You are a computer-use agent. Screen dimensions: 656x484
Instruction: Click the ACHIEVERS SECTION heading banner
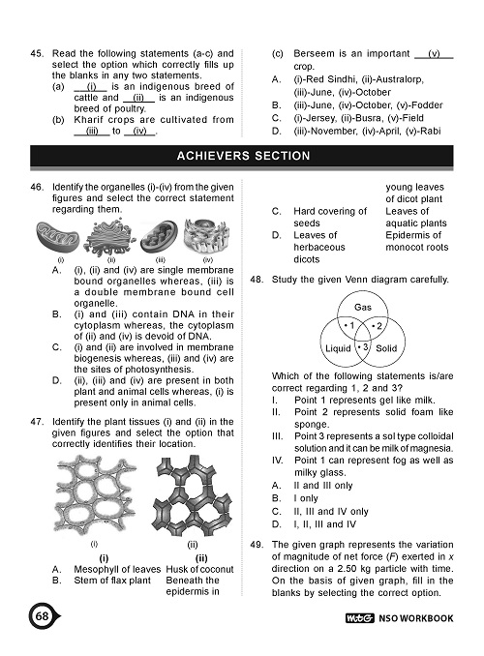(x=243, y=156)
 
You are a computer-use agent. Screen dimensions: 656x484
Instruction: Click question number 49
(x=256, y=544)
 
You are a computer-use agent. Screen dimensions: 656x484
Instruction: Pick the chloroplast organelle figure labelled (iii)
(x=154, y=238)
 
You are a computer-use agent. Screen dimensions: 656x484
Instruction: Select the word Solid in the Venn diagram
(x=387, y=346)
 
